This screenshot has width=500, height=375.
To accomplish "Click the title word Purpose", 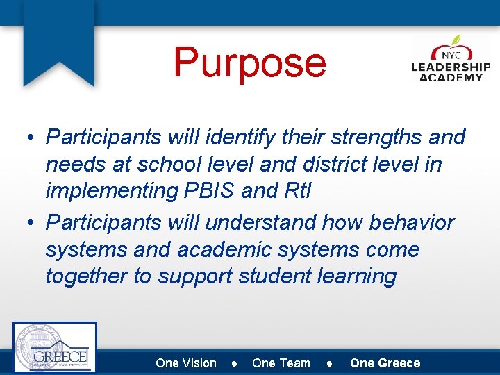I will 249,62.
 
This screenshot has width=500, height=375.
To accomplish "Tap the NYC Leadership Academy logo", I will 451,60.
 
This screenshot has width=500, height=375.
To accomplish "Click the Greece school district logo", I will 55,347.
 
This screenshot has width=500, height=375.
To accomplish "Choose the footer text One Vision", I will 186,362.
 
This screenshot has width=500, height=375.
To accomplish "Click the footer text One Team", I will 281,362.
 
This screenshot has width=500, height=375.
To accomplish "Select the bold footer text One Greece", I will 385,362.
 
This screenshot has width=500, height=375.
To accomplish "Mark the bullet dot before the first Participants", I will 32,138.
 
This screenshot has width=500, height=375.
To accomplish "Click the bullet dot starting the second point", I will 32,224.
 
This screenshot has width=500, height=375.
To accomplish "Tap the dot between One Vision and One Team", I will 235,363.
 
